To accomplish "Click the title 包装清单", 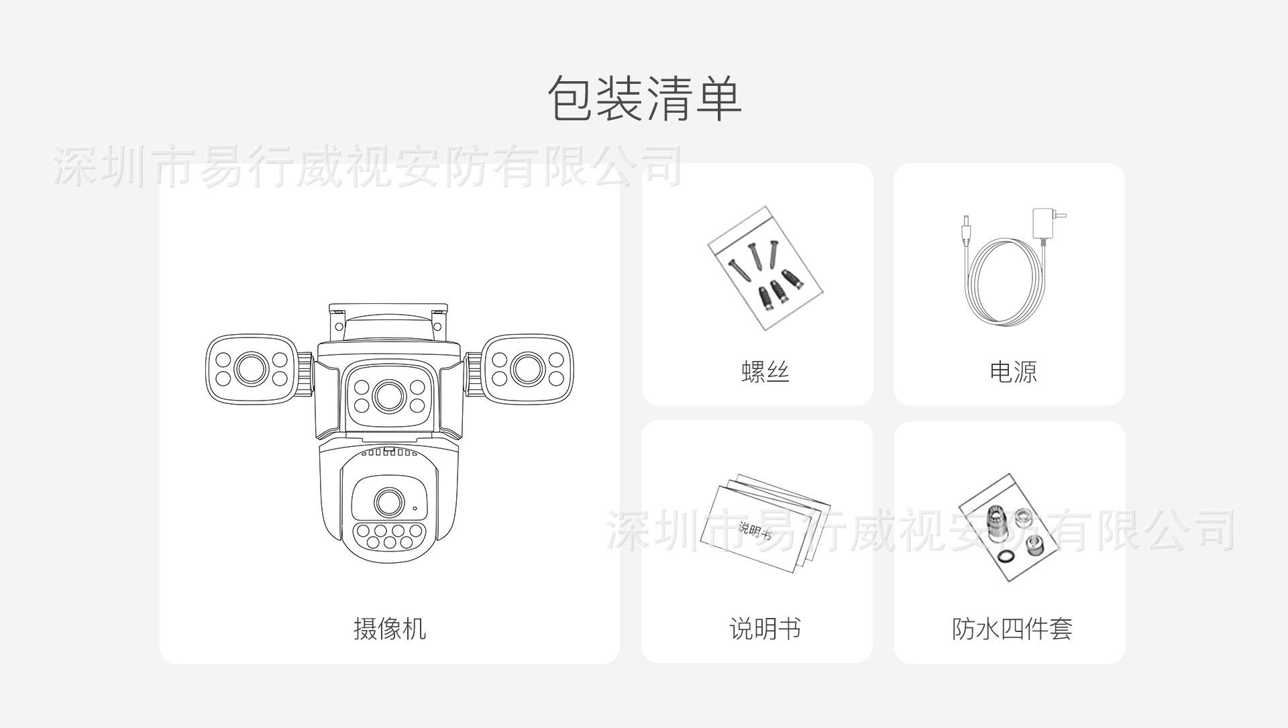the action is pos(644,99).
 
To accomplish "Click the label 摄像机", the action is pos(390,629).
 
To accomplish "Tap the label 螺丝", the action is pos(765,371).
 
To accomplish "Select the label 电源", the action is pos(1013,371).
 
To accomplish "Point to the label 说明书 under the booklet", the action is pos(765,629).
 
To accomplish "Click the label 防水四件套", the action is pos(1012,629).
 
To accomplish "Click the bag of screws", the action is pos(765,268).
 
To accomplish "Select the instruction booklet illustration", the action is pos(765,524).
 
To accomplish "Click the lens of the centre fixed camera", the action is pos(389,396).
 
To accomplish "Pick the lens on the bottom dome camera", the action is pos(388,502).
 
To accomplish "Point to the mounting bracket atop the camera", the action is pos(388,322).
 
